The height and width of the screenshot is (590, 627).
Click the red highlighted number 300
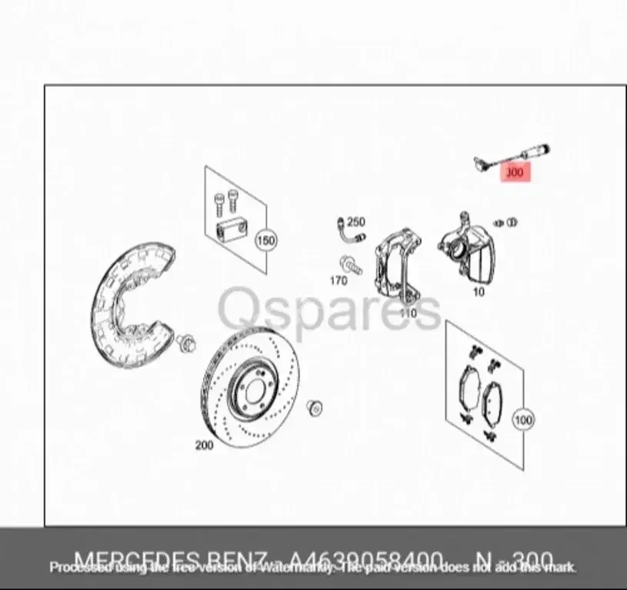tap(514, 172)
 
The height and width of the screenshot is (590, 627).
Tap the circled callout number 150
tap(265, 240)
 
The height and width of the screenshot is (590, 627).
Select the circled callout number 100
tap(523, 420)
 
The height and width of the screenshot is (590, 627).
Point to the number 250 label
tap(355, 222)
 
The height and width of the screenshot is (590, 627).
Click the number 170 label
tap(339, 280)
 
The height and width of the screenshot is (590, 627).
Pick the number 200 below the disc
tap(204, 445)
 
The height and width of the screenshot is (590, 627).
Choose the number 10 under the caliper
tap(479, 291)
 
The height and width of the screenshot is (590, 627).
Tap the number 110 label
tap(407, 313)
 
